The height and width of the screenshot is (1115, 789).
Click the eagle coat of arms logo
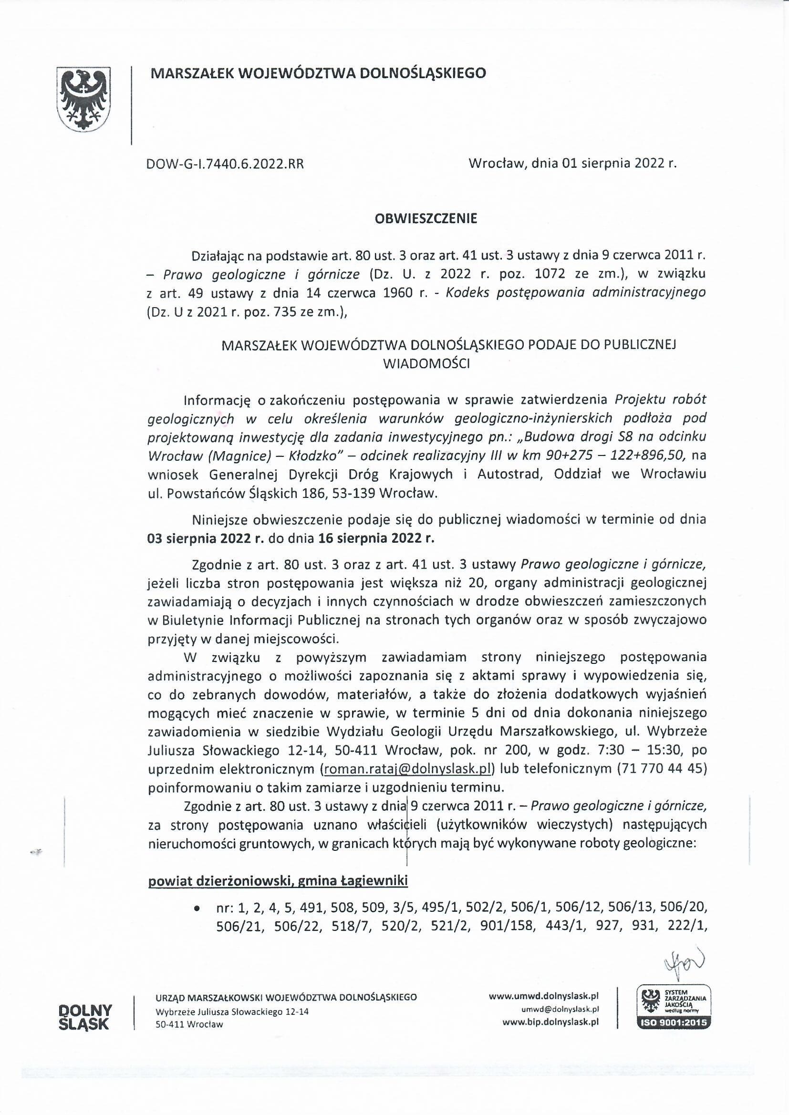pos(84,100)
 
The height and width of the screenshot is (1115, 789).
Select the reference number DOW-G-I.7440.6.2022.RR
pos(225,164)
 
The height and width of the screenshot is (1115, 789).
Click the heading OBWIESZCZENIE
pos(426,218)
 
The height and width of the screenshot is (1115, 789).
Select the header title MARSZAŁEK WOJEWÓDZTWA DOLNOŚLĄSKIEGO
pos(318,73)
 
